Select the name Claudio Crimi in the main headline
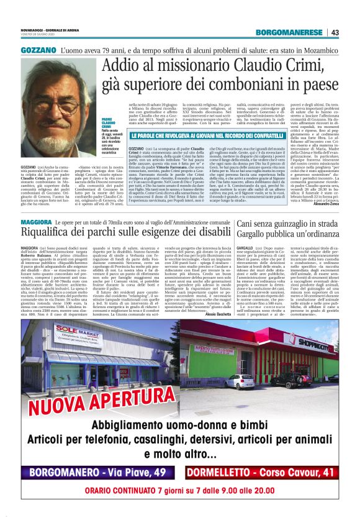tap(269, 65)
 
